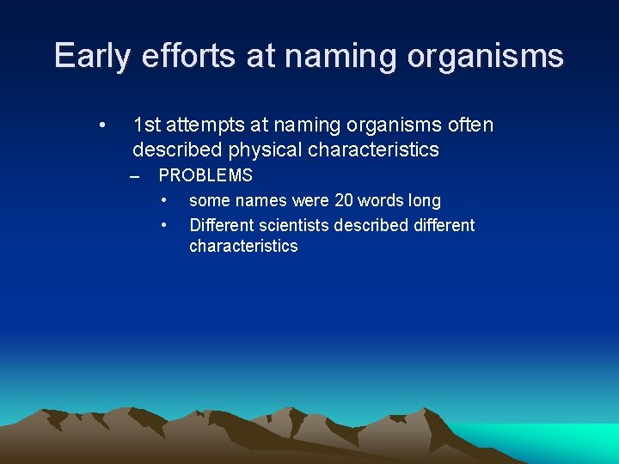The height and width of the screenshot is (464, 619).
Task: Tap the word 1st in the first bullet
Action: coord(147,125)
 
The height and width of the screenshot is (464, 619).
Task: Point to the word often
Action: coord(470,125)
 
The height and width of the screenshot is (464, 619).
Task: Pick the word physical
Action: coord(265,150)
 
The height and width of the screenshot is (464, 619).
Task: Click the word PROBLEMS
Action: coord(205,176)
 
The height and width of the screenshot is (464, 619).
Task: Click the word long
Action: coord(425,201)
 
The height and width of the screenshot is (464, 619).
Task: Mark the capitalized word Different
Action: coord(218,225)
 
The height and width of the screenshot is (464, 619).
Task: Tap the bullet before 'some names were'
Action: coord(163,201)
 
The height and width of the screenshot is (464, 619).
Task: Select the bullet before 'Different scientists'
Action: coord(163,225)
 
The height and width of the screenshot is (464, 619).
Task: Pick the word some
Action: coord(209,201)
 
